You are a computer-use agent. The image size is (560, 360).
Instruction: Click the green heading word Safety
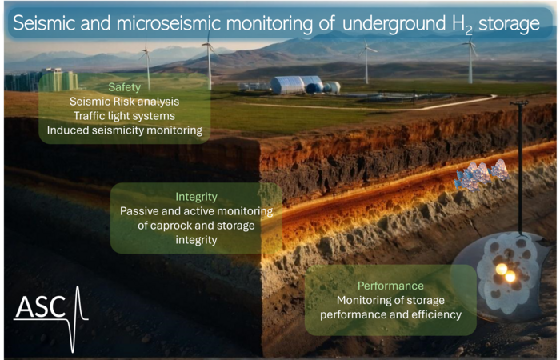124,87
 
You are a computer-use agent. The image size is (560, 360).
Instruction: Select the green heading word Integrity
196,197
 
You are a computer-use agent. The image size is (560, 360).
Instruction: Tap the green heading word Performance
390,286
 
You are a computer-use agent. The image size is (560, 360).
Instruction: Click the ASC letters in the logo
40,306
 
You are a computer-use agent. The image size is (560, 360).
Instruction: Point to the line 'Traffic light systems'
124,116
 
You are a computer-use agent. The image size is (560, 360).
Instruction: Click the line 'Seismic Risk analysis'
124,102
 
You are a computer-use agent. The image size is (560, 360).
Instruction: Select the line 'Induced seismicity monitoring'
124,130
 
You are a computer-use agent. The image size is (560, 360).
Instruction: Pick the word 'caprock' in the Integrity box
170,226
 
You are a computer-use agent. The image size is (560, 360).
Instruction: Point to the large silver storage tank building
287,85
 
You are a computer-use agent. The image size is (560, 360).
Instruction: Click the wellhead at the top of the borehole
519,103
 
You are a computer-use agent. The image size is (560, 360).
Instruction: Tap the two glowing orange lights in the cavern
506,273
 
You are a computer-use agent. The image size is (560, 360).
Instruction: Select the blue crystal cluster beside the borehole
481,174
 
